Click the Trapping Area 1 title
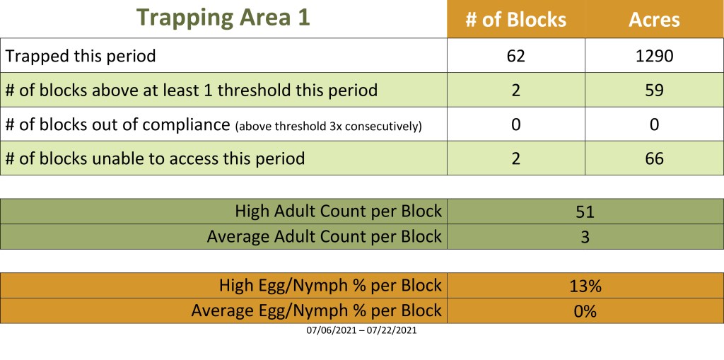tap(223, 18)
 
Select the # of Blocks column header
tap(515, 20)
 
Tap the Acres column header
tap(654, 20)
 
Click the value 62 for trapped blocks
tap(515, 56)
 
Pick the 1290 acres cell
tap(654, 56)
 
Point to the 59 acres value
tap(654, 90)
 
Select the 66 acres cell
tap(654, 158)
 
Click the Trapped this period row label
tap(81, 57)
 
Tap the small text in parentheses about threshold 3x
tap(328, 126)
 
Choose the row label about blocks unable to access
tap(155, 158)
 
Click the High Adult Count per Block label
tap(339, 211)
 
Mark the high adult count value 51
tap(585, 211)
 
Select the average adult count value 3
tap(585, 237)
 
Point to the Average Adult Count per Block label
tap(324, 237)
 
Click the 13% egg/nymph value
tap(585, 286)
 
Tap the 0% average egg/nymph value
tap(585, 311)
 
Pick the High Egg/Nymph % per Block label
tap(331, 286)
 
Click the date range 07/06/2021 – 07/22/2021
tap(361, 331)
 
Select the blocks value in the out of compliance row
tap(515, 124)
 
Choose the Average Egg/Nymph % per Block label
tap(316, 310)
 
